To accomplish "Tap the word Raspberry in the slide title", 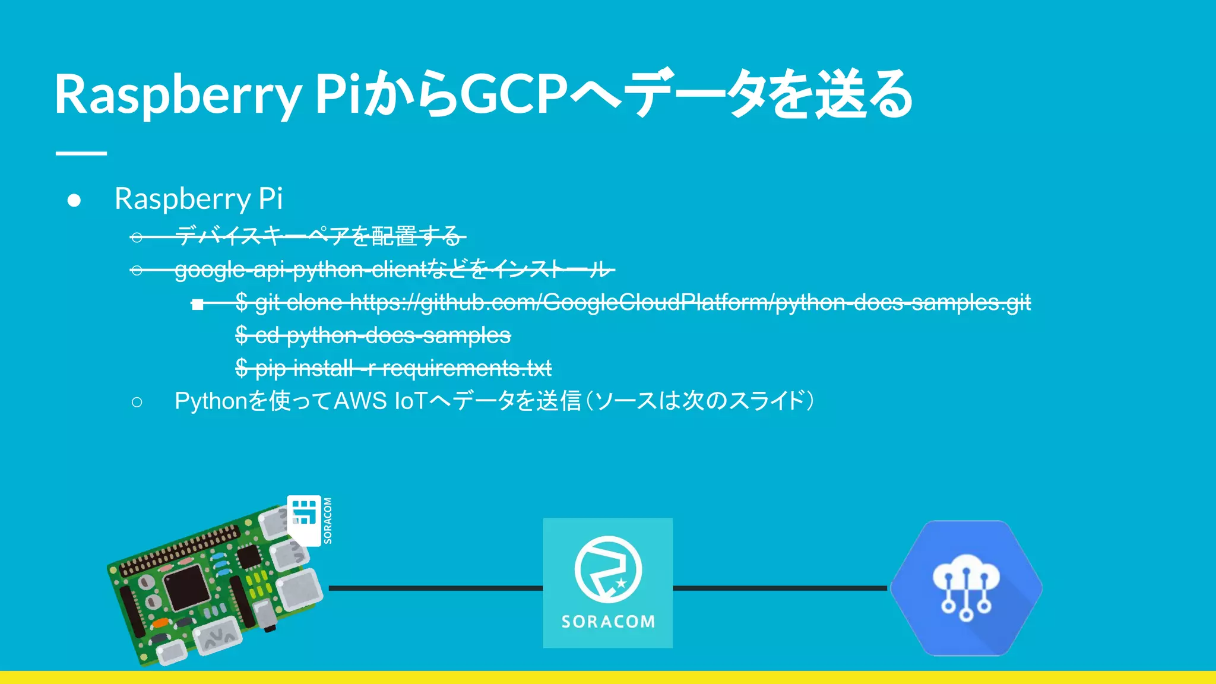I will click(178, 95).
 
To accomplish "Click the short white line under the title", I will click(81, 153).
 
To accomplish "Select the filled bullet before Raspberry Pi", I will click(74, 200).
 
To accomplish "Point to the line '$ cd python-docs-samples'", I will click(373, 335).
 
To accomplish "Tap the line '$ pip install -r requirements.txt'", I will click(393, 368).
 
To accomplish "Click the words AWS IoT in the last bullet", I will click(381, 401).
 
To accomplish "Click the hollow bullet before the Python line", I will click(137, 403).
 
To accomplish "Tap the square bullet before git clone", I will click(198, 305).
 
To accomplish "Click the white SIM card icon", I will click(304, 520).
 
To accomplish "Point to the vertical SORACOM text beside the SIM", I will click(328, 521).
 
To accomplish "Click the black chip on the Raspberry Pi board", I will click(186, 587).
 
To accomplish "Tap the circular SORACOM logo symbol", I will click(608, 569).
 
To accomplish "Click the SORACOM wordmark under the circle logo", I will click(608, 622).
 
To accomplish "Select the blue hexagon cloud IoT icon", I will click(966, 588).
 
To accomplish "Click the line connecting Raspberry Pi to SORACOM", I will click(435, 588).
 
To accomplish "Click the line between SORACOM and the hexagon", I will click(780, 588).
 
